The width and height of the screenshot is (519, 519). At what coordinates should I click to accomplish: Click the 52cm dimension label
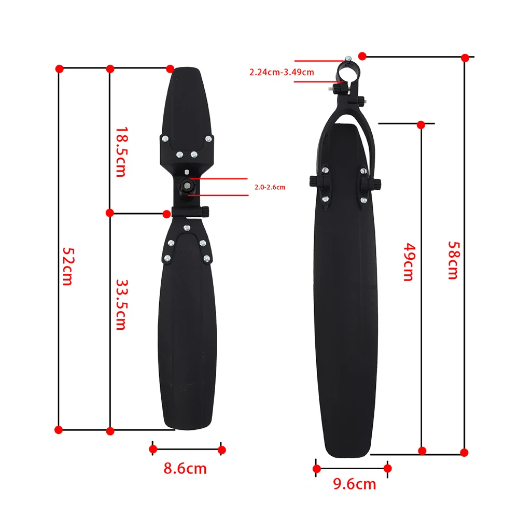click(x=68, y=266)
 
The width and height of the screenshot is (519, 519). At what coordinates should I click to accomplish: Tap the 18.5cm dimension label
click(x=121, y=152)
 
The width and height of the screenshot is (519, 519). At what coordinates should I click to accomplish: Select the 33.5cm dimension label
click(x=121, y=305)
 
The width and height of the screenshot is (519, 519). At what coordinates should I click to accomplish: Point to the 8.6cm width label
click(x=185, y=469)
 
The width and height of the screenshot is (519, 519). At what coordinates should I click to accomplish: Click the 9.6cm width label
click(x=355, y=484)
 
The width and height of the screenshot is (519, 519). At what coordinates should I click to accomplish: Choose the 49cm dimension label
click(x=409, y=262)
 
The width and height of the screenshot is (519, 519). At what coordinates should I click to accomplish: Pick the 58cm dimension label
click(x=454, y=260)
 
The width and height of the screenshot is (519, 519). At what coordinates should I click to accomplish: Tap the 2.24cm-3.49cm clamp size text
click(x=282, y=72)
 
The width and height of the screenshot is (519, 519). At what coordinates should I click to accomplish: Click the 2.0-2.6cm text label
click(x=270, y=187)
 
